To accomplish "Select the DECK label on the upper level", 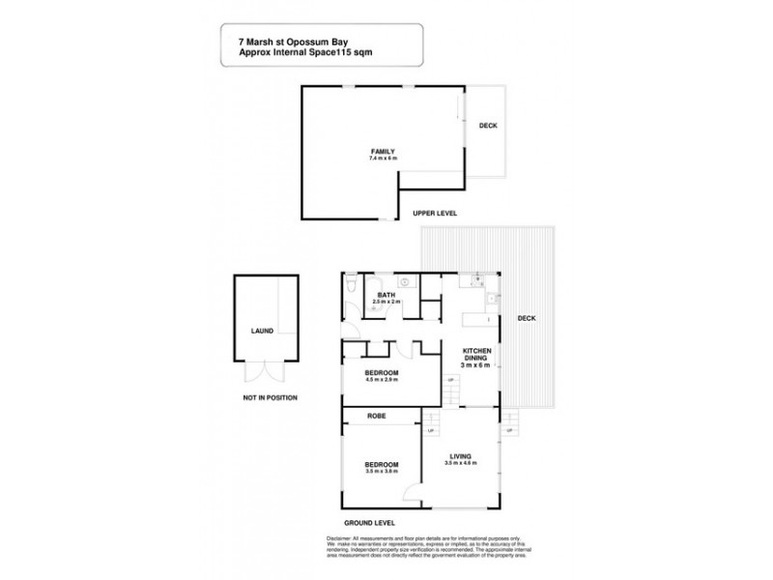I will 488,126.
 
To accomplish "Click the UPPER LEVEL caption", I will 434,213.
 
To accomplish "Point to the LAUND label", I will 262,331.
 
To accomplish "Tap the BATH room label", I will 386,296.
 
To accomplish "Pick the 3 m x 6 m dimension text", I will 478,365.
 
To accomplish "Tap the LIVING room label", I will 461,457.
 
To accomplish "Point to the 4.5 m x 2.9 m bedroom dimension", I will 383,379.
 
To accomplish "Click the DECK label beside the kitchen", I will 527,318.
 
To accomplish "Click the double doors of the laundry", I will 262,371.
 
